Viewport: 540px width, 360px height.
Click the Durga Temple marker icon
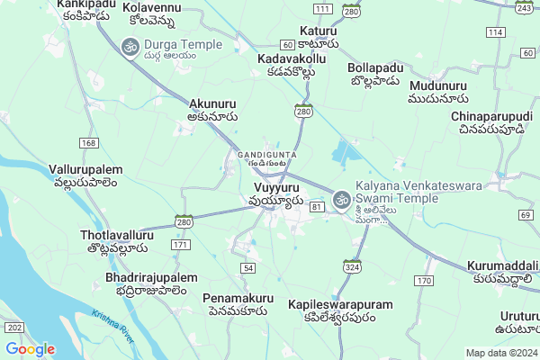pos(129,44)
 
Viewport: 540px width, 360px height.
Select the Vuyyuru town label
pos(273,193)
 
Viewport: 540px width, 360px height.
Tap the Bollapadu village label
pos(376,74)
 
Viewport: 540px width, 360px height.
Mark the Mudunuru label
pos(437,93)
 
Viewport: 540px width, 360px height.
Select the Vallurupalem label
pos(85,176)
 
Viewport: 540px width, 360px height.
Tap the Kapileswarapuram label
pos(340,310)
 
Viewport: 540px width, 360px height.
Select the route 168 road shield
pos(88,143)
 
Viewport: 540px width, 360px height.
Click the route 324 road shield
pos(351,266)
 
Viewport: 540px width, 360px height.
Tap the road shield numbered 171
pos(181,245)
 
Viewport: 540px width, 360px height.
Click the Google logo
pos(31,349)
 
